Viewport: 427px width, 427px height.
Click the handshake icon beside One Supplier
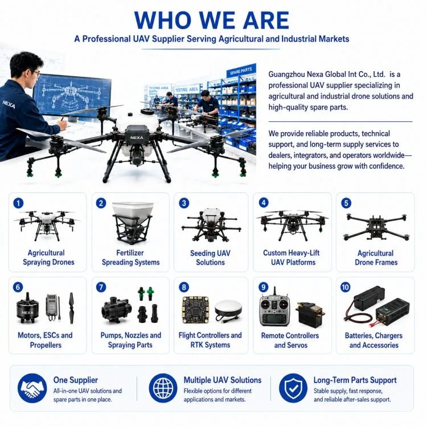click(32, 388)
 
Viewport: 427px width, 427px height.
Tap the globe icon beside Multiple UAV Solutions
click(163, 388)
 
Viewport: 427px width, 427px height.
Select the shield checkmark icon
click(293, 388)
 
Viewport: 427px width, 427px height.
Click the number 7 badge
click(101, 288)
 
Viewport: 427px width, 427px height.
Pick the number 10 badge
click(346, 288)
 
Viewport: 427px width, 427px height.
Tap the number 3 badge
click(184, 203)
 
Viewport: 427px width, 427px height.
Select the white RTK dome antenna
click(228, 310)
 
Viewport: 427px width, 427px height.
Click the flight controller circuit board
click(195, 310)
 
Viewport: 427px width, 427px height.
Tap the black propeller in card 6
click(71, 308)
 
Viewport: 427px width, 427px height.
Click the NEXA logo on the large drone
click(137, 138)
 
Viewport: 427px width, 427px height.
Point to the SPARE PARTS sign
click(241, 71)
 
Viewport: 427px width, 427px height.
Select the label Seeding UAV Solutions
click(210, 257)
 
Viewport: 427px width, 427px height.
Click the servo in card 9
click(310, 314)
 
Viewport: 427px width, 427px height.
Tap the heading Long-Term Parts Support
click(355, 380)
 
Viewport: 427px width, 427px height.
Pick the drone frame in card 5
click(376, 227)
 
